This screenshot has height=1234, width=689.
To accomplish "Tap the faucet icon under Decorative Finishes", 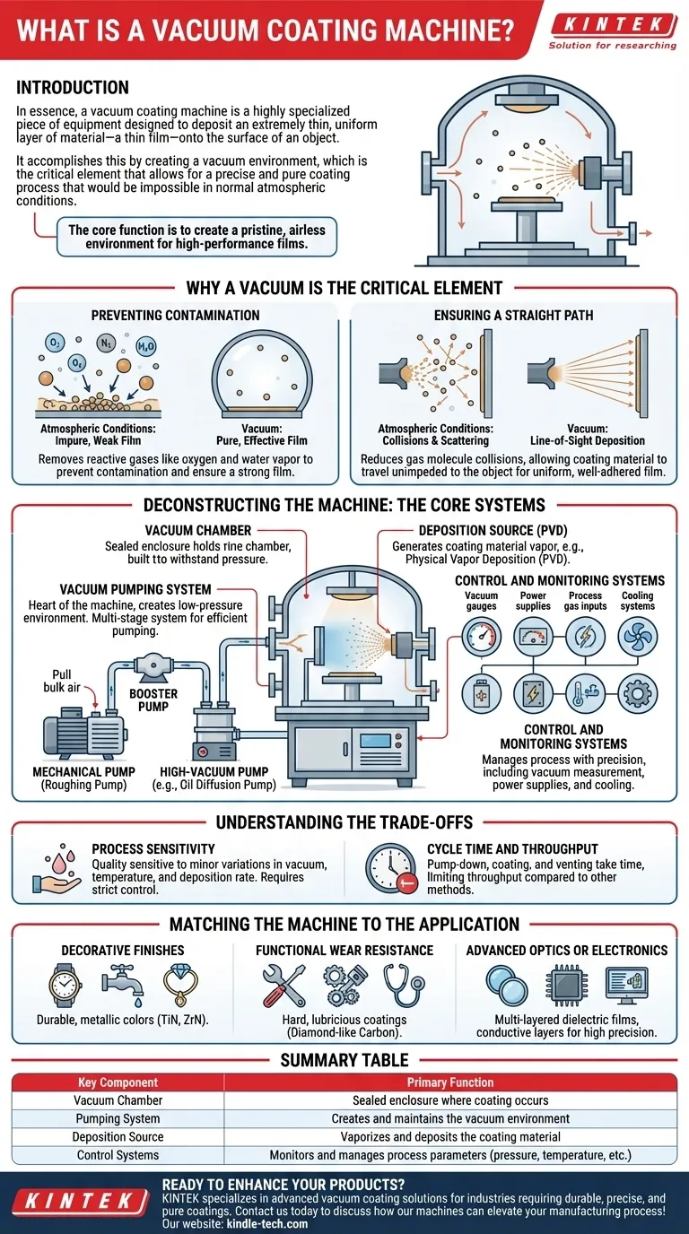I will pyautogui.click(x=119, y=983).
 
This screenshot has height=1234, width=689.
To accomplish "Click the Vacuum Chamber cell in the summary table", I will pyautogui.click(x=118, y=1099).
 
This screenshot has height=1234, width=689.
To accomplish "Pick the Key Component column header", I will pyautogui.click(x=118, y=1082).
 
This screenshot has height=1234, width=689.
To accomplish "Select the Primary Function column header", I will pyautogui.click(x=450, y=1082).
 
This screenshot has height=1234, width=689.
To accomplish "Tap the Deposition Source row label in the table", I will pyautogui.click(x=118, y=1136).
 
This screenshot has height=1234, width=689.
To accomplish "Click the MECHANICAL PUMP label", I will pyautogui.click(x=83, y=771).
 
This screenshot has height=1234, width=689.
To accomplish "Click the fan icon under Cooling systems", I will pyautogui.click(x=638, y=638).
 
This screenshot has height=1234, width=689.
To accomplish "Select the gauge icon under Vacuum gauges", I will pyautogui.click(x=482, y=638).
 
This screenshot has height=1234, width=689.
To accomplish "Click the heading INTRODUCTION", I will pyautogui.click(x=73, y=88).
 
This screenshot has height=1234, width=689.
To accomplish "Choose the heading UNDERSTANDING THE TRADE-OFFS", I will pyautogui.click(x=344, y=822).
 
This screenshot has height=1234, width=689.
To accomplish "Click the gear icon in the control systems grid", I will pyautogui.click(x=638, y=693).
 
